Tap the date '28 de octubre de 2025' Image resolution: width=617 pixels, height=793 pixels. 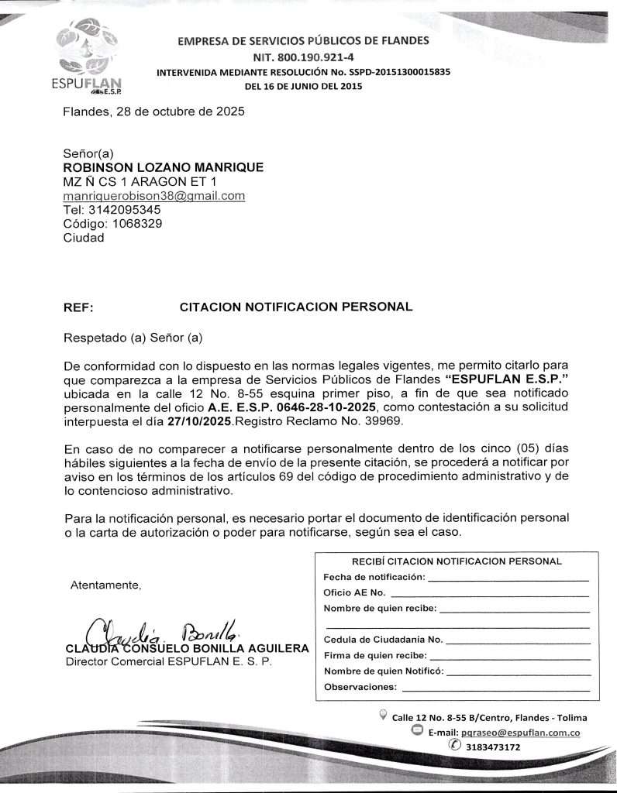[x=180, y=112]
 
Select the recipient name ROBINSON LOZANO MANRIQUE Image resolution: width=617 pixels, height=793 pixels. [x=163, y=167]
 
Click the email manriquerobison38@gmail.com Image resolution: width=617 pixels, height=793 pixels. [x=153, y=196]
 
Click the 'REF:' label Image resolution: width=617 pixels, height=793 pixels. [x=78, y=307]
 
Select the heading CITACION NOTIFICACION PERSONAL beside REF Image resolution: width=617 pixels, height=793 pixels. [x=296, y=307]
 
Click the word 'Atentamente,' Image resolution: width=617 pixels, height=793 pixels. [x=105, y=585]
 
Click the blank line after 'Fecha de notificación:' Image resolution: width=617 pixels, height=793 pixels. [x=508, y=578]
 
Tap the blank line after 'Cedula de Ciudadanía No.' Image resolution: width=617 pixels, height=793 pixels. [x=518, y=640]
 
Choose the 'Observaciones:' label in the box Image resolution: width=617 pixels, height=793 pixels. [x=360, y=687]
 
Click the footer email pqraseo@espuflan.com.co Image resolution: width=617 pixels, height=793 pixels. [x=521, y=732]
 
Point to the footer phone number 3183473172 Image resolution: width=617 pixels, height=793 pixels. [x=492, y=747]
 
